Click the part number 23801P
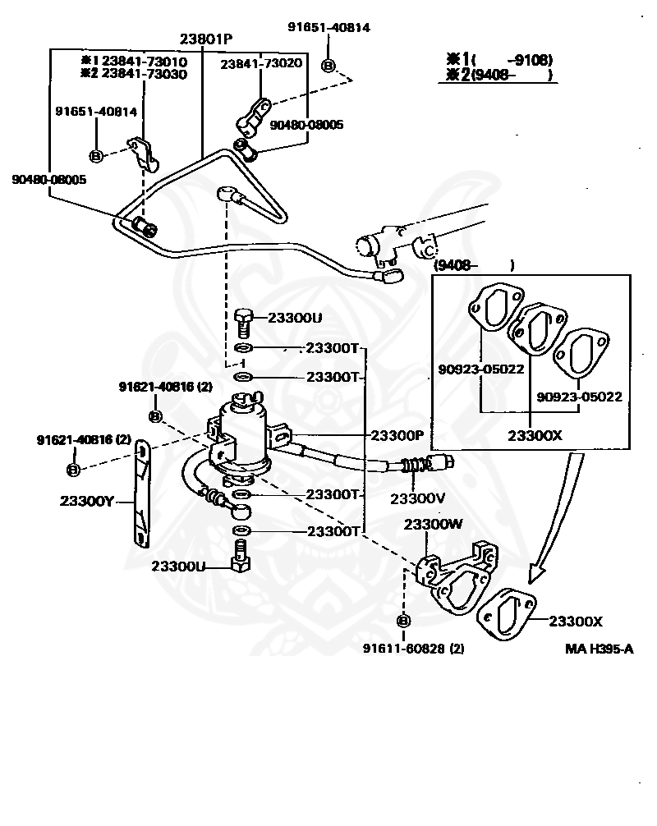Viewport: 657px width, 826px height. [206, 39]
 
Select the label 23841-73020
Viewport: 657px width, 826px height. [261, 64]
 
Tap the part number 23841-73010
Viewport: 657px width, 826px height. [145, 61]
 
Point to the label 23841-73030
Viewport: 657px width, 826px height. [145, 74]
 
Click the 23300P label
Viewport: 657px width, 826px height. [397, 435]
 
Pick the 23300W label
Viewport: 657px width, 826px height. [434, 524]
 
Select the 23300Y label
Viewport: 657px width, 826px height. [87, 501]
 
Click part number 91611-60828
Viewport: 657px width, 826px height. [404, 648]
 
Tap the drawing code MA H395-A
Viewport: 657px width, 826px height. [599, 649]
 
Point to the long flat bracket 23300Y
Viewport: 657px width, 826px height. [140, 493]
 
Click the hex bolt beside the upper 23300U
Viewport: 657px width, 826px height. [243, 324]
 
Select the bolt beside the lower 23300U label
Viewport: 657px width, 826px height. [241, 557]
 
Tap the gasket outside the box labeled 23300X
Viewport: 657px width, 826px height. [507, 614]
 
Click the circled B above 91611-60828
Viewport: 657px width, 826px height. [403, 621]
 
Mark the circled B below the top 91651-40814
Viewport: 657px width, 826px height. [328, 66]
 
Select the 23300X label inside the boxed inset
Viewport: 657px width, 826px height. [535, 436]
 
